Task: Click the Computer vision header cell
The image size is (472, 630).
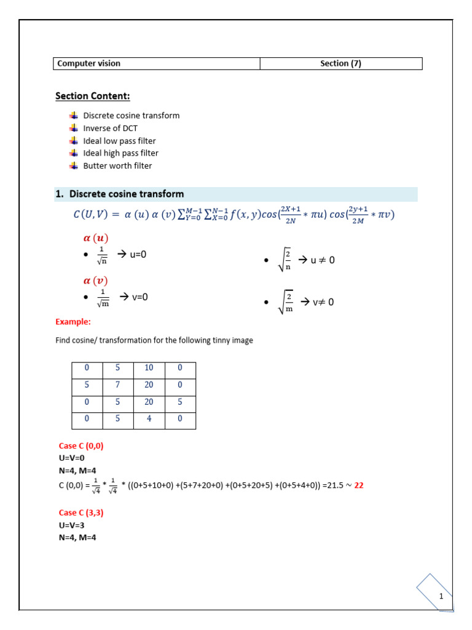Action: click(157, 63)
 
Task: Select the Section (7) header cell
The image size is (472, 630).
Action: click(341, 63)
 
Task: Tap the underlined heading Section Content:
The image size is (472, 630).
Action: click(93, 96)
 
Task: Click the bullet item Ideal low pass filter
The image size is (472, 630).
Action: click(119, 141)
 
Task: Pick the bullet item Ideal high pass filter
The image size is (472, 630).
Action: click(120, 153)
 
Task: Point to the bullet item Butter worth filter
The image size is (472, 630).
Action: click(117, 165)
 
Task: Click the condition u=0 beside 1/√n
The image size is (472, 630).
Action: click(136, 254)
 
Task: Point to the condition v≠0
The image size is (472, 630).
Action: click(323, 302)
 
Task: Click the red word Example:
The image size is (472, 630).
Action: click(73, 321)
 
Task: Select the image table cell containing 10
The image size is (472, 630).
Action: click(149, 368)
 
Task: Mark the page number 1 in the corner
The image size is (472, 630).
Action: click(441, 597)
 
